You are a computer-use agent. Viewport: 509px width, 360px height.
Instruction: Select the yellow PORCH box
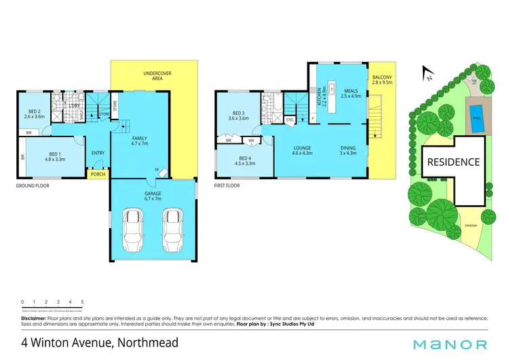[98, 175]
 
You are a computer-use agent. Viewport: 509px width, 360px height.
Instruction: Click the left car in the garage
[132, 230]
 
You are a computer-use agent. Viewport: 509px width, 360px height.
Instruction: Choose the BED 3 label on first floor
[241, 115]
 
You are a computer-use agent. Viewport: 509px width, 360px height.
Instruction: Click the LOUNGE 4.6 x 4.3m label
[301, 151]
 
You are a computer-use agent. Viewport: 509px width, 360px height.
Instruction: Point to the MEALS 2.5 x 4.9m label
[350, 94]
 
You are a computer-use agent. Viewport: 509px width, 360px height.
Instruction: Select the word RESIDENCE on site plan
[453, 162]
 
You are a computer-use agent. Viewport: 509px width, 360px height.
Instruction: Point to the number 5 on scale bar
[82, 302]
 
